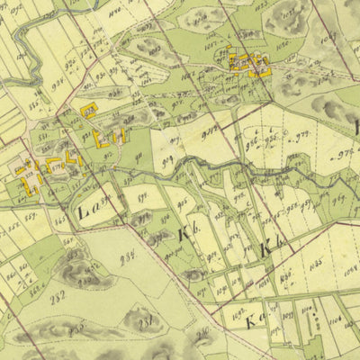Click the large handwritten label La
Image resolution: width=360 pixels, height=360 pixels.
tap(90, 212)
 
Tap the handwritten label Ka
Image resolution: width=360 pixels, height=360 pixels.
tap(255, 318)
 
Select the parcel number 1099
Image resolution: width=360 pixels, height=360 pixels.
tap(287, 317)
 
